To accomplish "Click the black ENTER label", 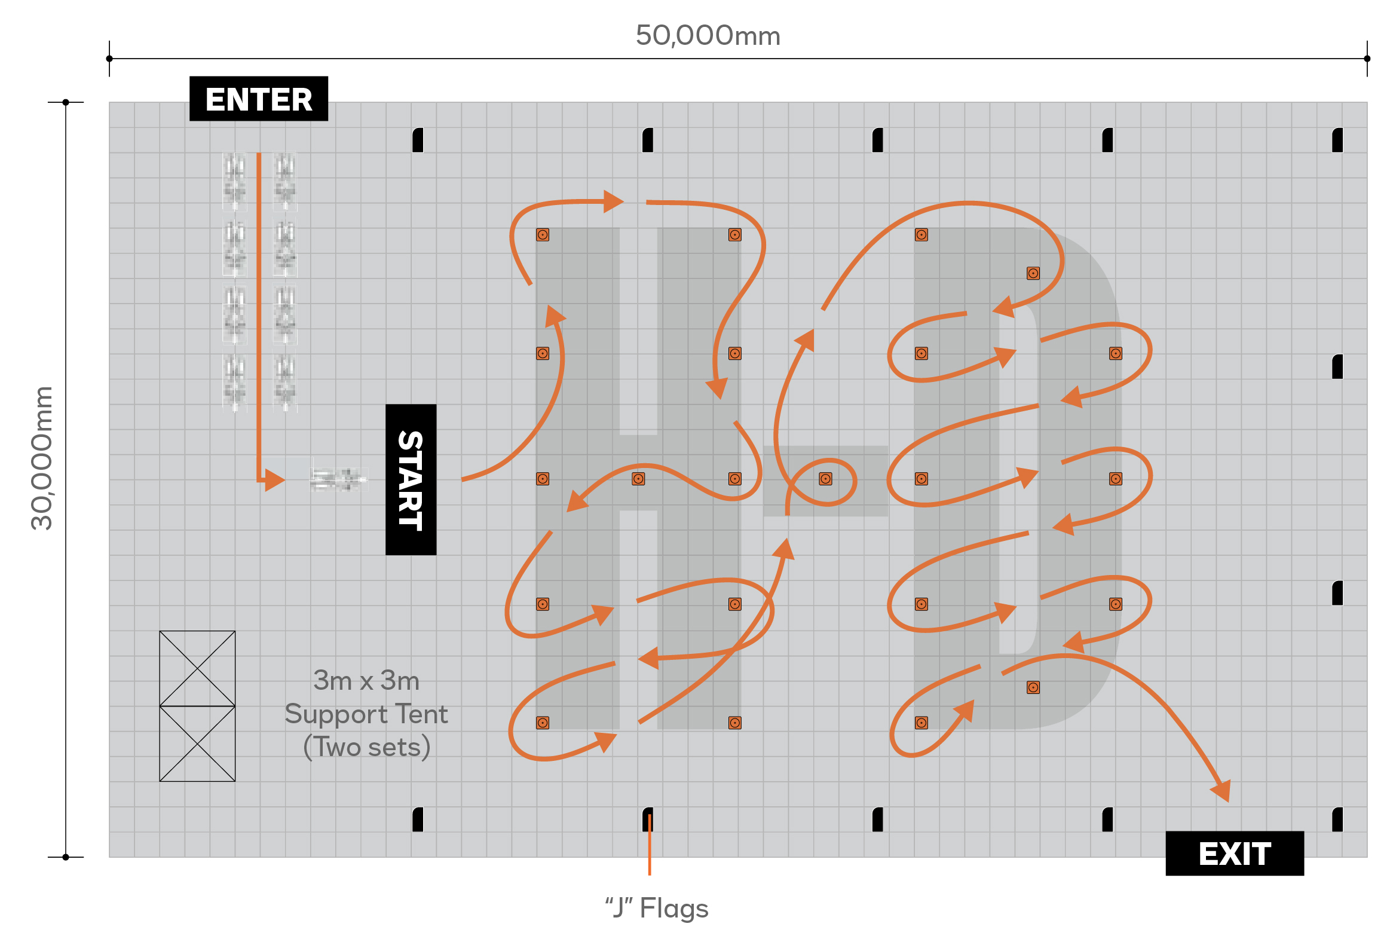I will point(258,99).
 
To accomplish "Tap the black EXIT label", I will point(1234,853).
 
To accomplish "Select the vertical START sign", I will point(411,479).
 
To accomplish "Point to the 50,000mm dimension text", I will point(708,36).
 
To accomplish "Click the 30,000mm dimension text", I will point(42,458).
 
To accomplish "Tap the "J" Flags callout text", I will point(657,908).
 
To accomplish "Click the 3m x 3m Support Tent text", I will point(366,714).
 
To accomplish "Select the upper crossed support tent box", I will point(197,668).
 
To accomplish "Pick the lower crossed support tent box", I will point(197,744).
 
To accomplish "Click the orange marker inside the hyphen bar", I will point(825,479).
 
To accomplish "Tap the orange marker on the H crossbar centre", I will point(638,479).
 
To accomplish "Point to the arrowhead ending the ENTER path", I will point(274,480).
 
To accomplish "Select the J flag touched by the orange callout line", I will point(648,819).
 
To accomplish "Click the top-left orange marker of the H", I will point(543,235).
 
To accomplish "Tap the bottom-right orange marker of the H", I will point(734,723).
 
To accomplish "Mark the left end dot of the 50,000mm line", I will point(109,59).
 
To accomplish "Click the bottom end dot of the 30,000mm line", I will point(66,857).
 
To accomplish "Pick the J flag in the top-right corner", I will point(1337,140).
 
